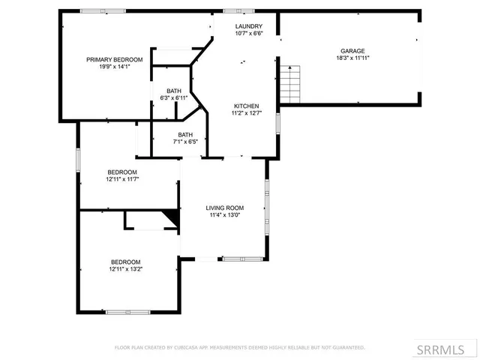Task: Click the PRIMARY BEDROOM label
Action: (x=115, y=59)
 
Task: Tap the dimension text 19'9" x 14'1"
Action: (x=115, y=66)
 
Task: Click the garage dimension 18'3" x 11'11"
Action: (x=352, y=58)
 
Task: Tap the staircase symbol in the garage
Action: (x=290, y=84)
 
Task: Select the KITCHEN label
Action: (x=246, y=106)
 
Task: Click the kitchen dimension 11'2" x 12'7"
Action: (x=246, y=113)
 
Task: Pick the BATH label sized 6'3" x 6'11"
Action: (x=173, y=91)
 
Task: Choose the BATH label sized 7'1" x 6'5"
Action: (x=184, y=134)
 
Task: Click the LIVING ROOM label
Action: (x=225, y=208)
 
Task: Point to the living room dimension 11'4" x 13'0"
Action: (x=225, y=215)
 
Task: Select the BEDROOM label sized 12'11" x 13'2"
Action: (x=125, y=261)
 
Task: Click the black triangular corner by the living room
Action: (x=173, y=217)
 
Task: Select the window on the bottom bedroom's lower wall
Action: (x=127, y=312)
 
